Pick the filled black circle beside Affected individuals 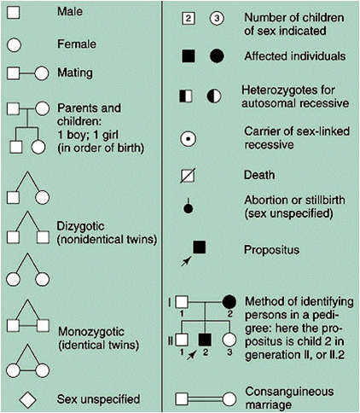click(x=217, y=56)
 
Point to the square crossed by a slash click(x=190, y=177)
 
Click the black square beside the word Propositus click(x=199, y=247)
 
